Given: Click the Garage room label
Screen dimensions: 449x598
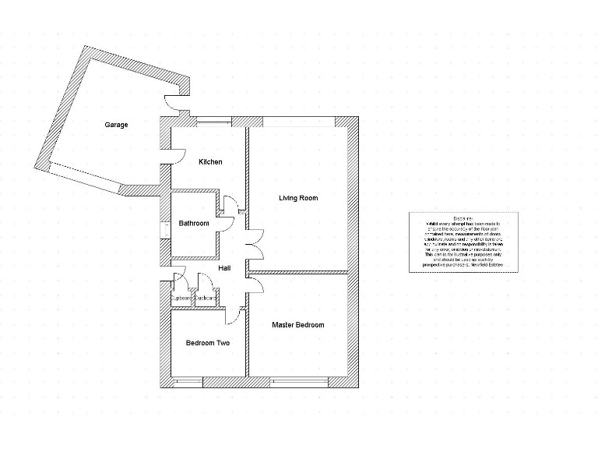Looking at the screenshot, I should click(x=117, y=125).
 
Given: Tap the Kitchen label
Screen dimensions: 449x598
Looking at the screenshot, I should click(x=210, y=162).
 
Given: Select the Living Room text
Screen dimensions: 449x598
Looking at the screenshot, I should click(x=298, y=198).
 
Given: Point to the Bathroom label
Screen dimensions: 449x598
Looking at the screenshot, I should click(x=194, y=224).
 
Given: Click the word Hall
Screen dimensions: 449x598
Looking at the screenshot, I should click(x=224, y=268).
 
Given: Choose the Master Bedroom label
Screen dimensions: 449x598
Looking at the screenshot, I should click(x=297, y=325).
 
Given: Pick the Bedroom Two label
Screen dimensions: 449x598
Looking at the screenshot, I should click(x=208, y=343).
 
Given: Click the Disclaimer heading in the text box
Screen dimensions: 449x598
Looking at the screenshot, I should click(x=463, y=218).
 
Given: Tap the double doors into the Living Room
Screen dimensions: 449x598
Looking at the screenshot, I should click(x=255, y=245).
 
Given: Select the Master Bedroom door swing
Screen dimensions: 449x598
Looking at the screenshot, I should click(x=256, y=285).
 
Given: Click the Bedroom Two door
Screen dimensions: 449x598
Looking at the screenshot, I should click(x=232, y=316).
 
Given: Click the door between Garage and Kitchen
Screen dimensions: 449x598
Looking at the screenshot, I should click(x=175, y=156).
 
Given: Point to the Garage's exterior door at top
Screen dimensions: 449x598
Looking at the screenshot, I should click(x=172, y=102).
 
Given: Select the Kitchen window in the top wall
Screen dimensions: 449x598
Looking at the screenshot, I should click(x=213, y=120).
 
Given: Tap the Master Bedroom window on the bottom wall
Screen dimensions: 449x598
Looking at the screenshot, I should click(x=300, y=382).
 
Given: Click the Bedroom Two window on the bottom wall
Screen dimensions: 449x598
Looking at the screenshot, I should click(x=187, y=382).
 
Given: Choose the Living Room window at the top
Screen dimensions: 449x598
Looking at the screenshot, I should click(x=299, y=120).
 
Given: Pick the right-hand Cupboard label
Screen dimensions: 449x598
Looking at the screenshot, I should click(x=206, y=299).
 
